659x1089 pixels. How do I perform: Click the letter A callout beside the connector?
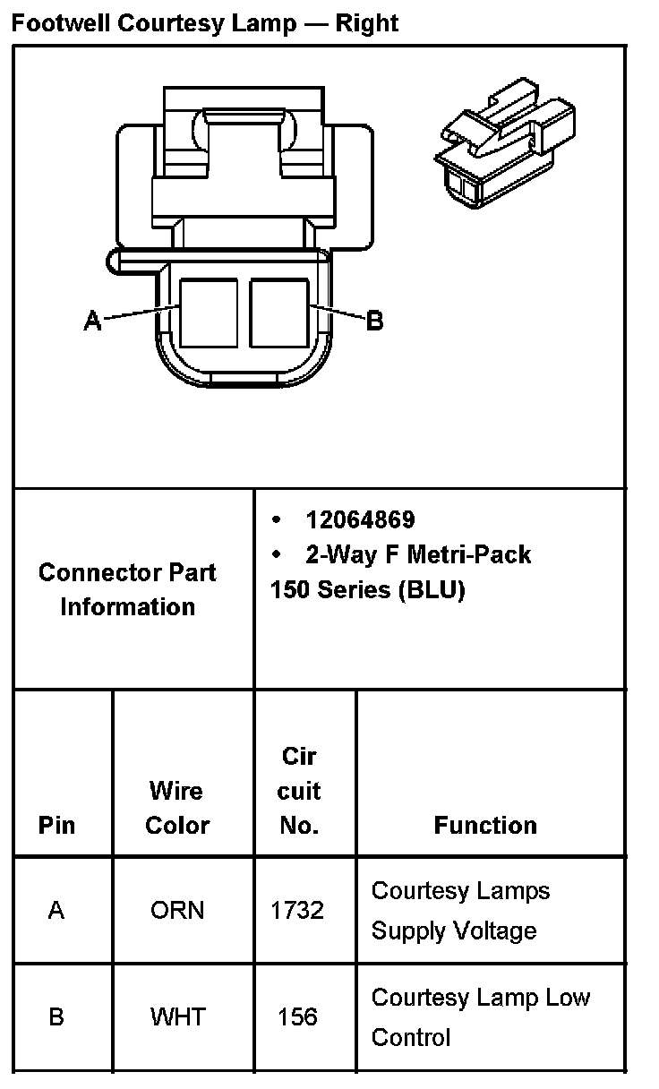(92, 320)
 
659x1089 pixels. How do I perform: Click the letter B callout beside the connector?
(375, 320)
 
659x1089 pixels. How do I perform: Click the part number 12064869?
(360, 520)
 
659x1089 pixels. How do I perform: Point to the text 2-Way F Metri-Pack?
(418, 555)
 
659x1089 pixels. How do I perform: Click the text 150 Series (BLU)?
(367, 591)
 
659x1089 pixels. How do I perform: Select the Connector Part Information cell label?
(127, 589)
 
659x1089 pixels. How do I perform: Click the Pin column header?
(56, 825)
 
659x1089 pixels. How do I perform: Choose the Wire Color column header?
(176, 808)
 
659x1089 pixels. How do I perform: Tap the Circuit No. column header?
(299, 791)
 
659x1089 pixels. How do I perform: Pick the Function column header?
(485, 825)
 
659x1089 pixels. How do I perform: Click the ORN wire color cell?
(177, 910)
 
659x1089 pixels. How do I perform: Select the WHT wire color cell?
(177, 1017)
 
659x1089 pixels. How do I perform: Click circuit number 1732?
(297, 910)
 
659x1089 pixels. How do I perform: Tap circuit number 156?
(297, 1017)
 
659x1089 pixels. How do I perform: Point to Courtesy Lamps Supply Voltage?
(460, 911)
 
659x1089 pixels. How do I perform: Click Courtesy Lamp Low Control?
(480, 1017)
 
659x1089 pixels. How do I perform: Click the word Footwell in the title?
(50, 22)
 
